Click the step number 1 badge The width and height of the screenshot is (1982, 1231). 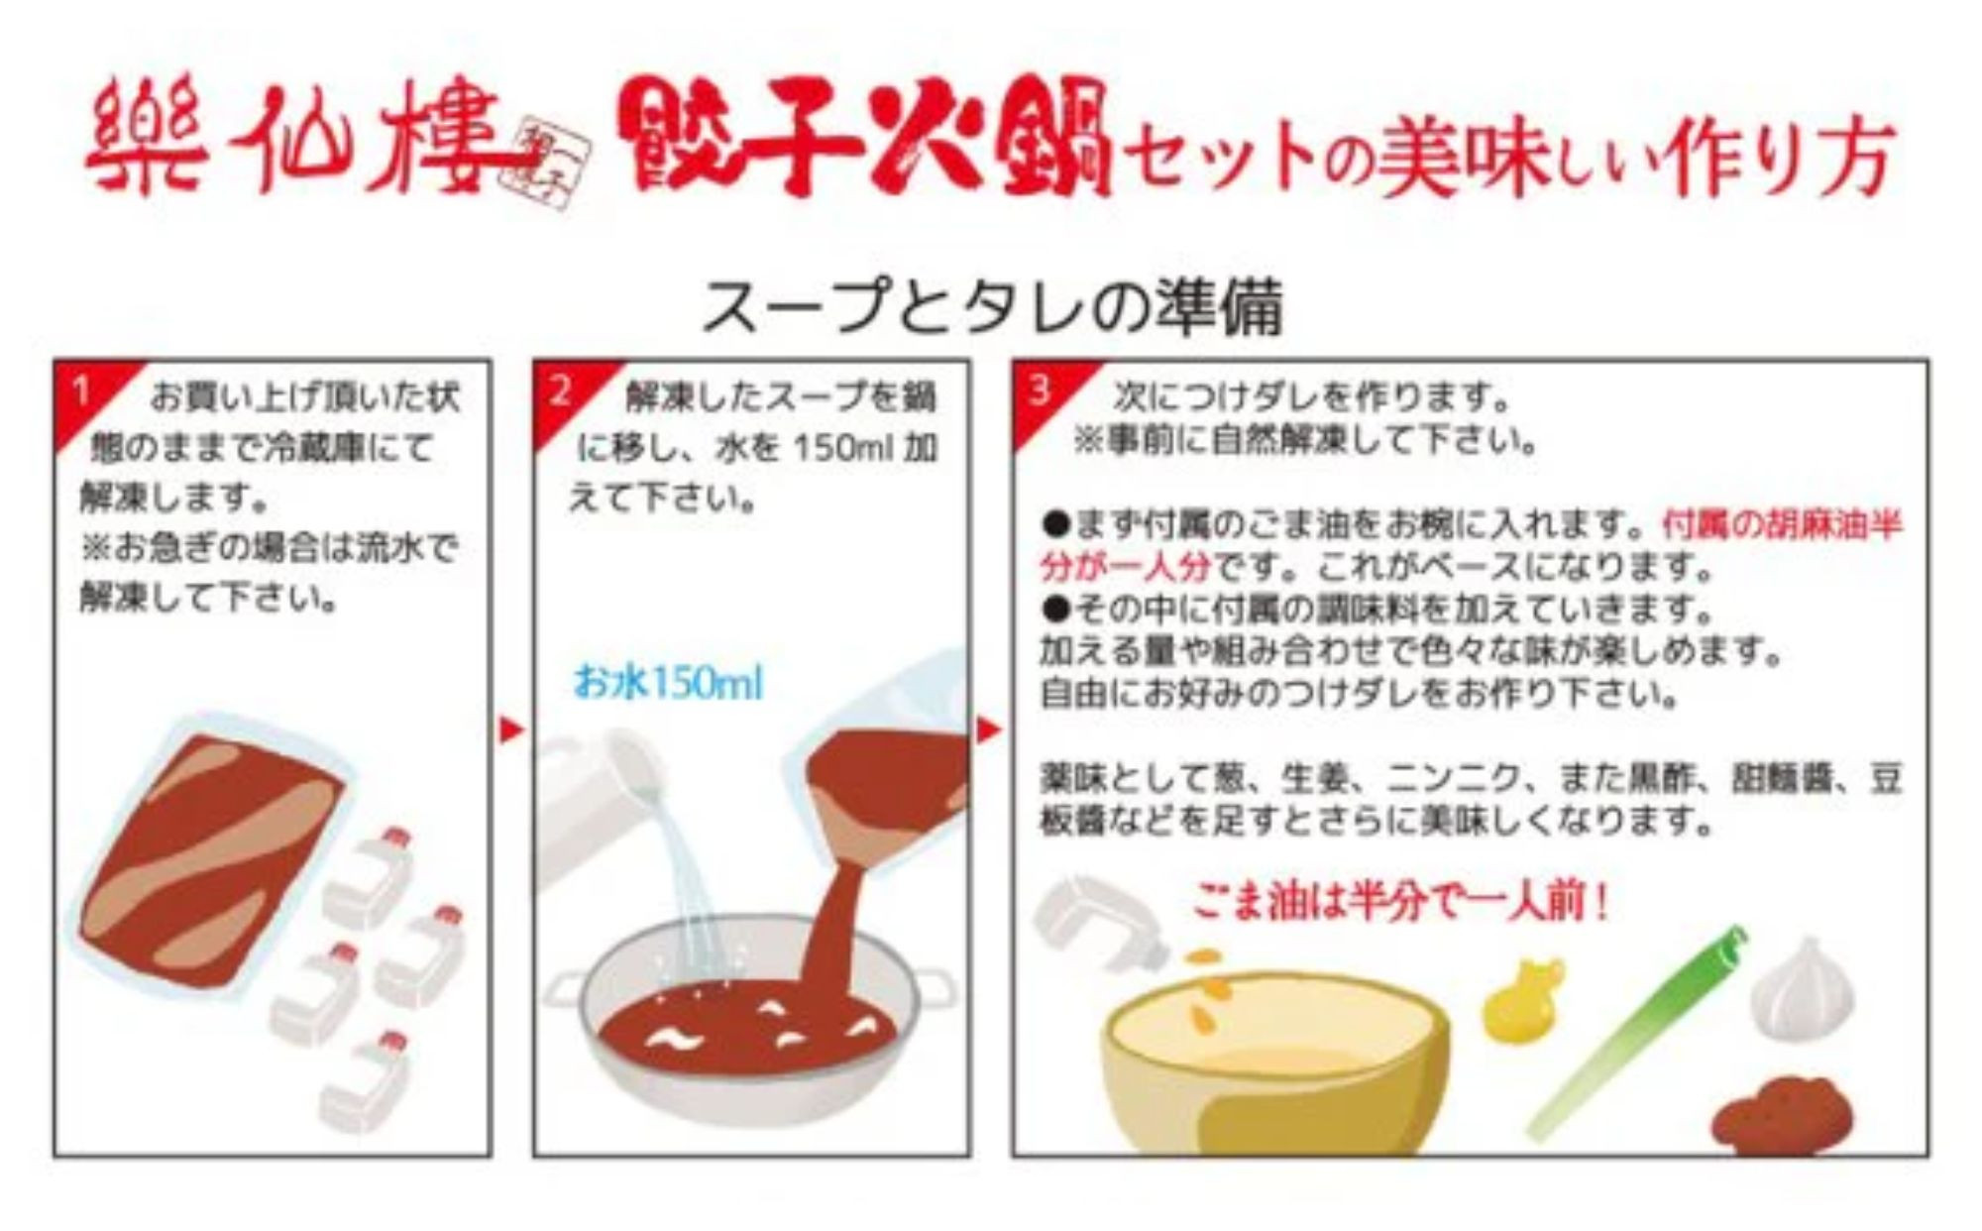click(81, 392)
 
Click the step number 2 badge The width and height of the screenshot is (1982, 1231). click(560, 392)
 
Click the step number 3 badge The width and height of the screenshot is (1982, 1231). click(1039, 390)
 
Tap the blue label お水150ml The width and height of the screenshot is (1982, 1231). click(668, 683)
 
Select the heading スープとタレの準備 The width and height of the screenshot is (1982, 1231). click(991, 306)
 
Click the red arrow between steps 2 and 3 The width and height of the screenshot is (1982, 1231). click(989, 731)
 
